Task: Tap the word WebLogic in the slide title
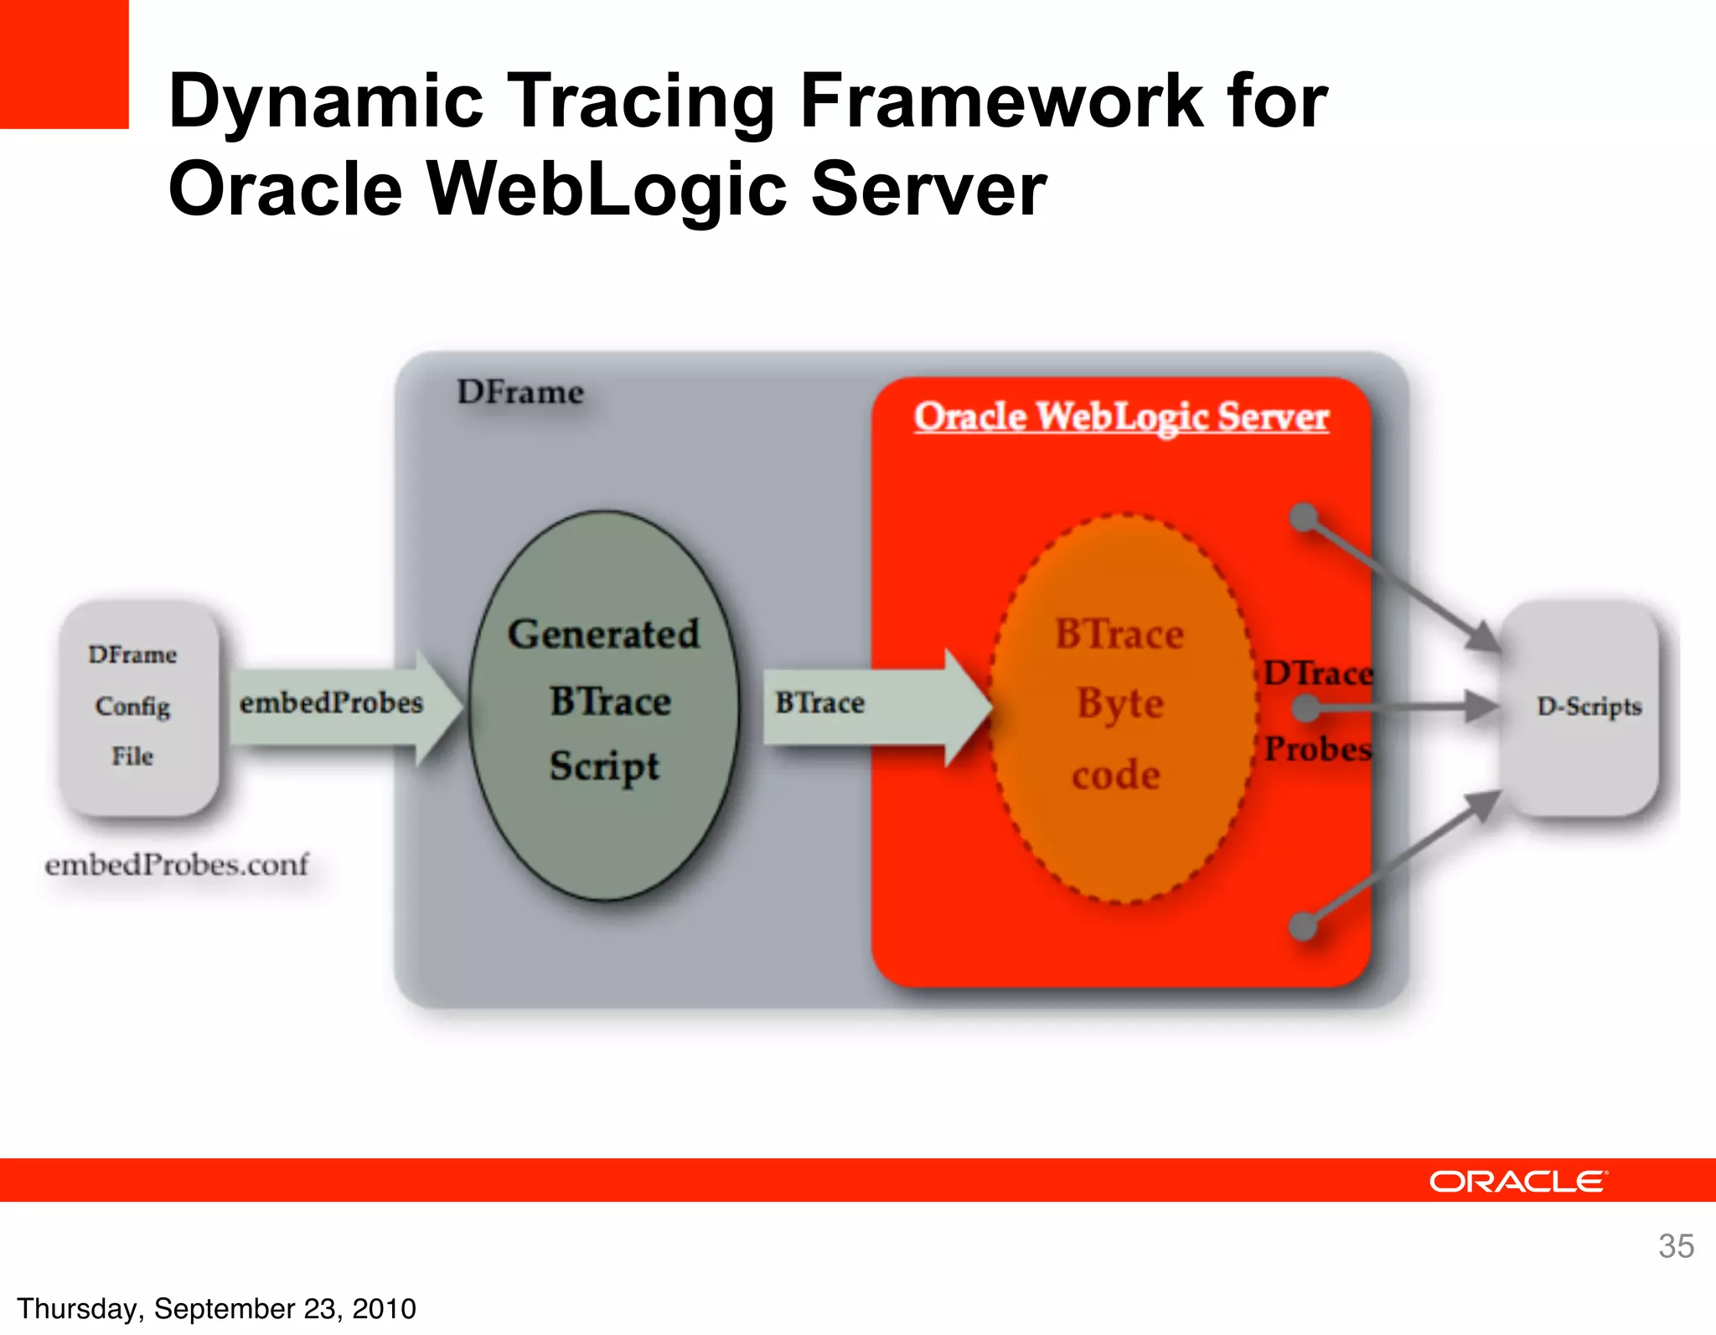(607, 189)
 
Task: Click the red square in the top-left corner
(64, 64)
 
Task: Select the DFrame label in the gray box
(519, 392)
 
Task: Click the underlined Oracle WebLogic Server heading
(1121, 417)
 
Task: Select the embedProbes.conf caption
(177, 864)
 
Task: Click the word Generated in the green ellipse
(603, 634)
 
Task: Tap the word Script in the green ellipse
(604, 766)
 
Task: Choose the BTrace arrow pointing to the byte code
(871, 704)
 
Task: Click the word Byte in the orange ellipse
(1120, 704)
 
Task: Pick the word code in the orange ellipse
(1116, 775)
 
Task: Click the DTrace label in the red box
(1318, 673)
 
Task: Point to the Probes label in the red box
(1318, 748)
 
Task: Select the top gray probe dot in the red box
(1304, 517)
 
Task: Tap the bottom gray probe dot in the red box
(1303, 926)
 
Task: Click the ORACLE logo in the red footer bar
(1517, 1182)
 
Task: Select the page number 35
(1676, 1246)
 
